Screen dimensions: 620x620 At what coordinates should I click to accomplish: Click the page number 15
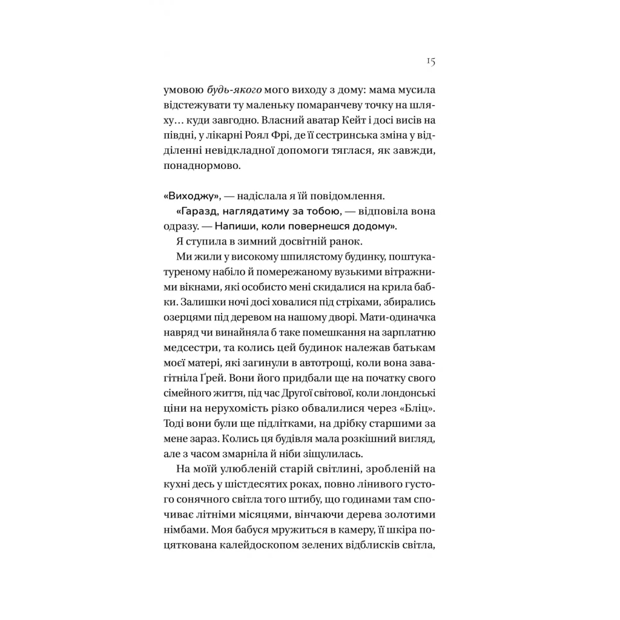430,61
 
